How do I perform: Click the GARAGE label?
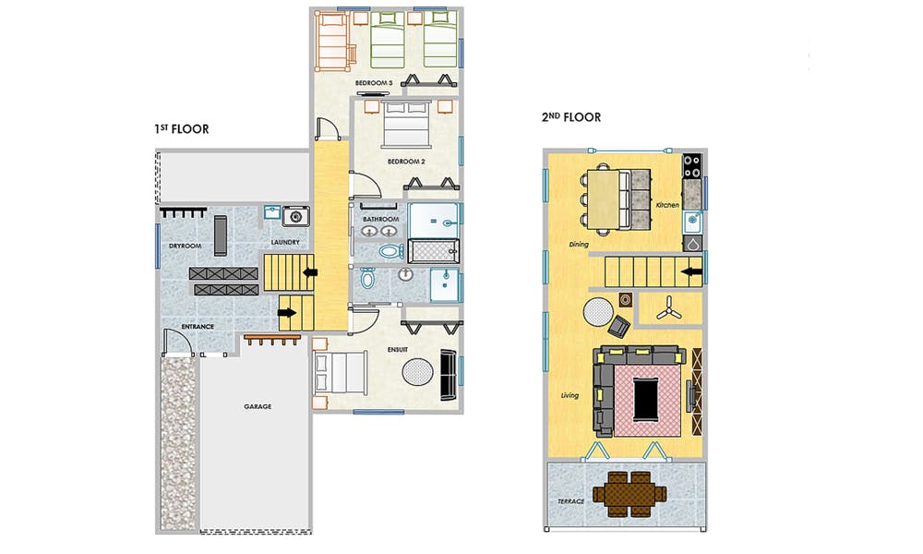tap(258, 406)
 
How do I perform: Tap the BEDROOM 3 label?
tap(374, 83)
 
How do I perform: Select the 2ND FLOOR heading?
tap(571, 117)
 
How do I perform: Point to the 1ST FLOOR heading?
tap(182, 129)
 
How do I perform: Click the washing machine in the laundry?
tap(295, 216)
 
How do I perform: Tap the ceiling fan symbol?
tap(668, 308)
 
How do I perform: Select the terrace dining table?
tap(629, 494)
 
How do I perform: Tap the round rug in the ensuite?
tap(418, 372)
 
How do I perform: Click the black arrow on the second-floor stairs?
tap(691, 272)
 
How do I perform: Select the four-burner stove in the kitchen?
tap(691, 166)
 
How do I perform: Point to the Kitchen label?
tap(667, 205)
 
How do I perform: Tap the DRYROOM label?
tap(186, 247)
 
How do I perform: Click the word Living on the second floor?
tap(569, 395)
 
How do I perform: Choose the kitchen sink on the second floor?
tap(691, 223)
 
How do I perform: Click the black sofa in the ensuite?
tap(448, 375)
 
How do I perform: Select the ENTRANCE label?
tap(198, 327)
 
